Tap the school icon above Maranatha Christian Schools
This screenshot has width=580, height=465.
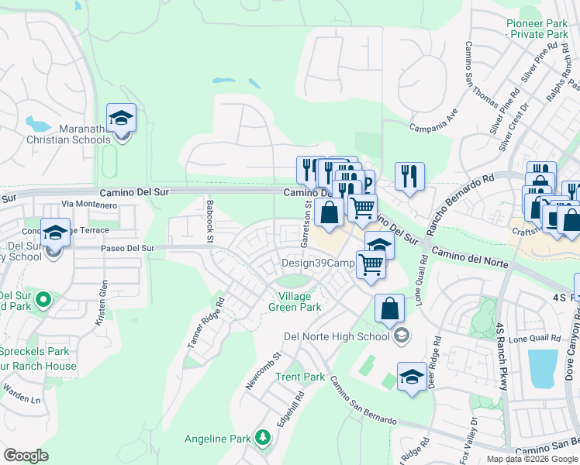(x=121, y=118)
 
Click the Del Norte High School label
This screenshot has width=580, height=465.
(x=337, y=336)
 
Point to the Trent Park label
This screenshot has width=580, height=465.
(x=300, y=377)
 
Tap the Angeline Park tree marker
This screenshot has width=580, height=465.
(x=263, y=439)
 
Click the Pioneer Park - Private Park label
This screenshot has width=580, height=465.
(x=537, y=29)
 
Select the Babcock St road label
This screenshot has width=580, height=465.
(x=209, y=221)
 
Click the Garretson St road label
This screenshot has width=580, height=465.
(x=307, y=225)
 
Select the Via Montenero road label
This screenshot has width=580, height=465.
(x=89, y=205)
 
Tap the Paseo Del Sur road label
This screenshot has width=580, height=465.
(x=129, y=249)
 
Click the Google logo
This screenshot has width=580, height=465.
(x=26, y=456)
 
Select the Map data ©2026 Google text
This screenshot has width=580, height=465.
(x=532, y=459)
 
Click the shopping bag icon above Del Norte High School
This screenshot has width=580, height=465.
(x=389, y=308)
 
